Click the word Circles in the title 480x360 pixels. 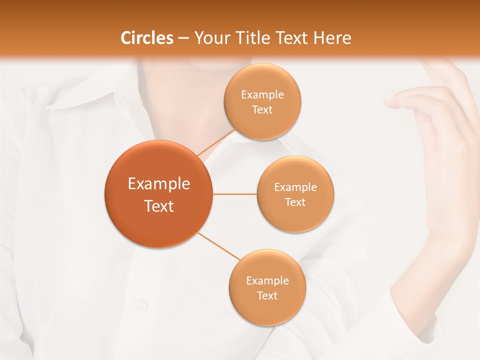pos(146,38)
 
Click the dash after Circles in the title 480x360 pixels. pos(183,38)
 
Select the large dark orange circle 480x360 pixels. pos(158,194)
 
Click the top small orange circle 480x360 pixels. pos(262,101)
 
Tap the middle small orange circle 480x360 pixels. pos(295,194)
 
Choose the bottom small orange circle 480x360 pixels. pos(267,287)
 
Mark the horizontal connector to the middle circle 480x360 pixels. pos(234,194)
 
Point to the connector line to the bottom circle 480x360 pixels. pos(218,245)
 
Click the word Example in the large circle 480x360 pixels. pos(158,183)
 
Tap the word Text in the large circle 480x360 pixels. pos(158,206)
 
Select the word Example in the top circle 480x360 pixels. pos(262,94)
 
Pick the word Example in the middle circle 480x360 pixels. pos(295,187)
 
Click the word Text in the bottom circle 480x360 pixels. pos(267,295)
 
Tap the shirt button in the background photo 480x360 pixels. pos(141,303)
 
